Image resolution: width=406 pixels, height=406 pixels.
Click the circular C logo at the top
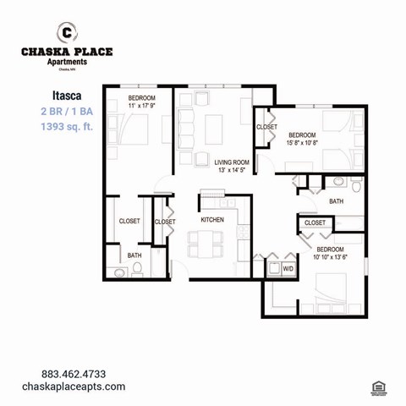click(x=66, y=32)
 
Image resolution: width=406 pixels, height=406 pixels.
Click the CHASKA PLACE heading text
click(x=66, y=52)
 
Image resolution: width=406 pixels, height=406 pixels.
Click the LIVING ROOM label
click(x=231, y=162)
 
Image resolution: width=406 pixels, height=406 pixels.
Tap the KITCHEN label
click(x=211, y=221)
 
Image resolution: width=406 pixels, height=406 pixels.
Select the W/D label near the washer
click(x=288, y=269)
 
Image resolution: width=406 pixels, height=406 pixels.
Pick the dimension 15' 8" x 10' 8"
click(x=302, y=143)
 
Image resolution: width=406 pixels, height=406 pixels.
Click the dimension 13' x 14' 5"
click(x=231, y=170)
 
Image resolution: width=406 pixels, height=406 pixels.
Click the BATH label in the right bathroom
click(x=336, y=201)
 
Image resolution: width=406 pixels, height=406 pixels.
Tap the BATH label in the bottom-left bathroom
click(x=134, y=255)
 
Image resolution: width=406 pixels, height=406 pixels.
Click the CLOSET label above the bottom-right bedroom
click(x=314, y=222)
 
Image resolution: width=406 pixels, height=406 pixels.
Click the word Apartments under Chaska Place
click(x=66, y=62)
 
